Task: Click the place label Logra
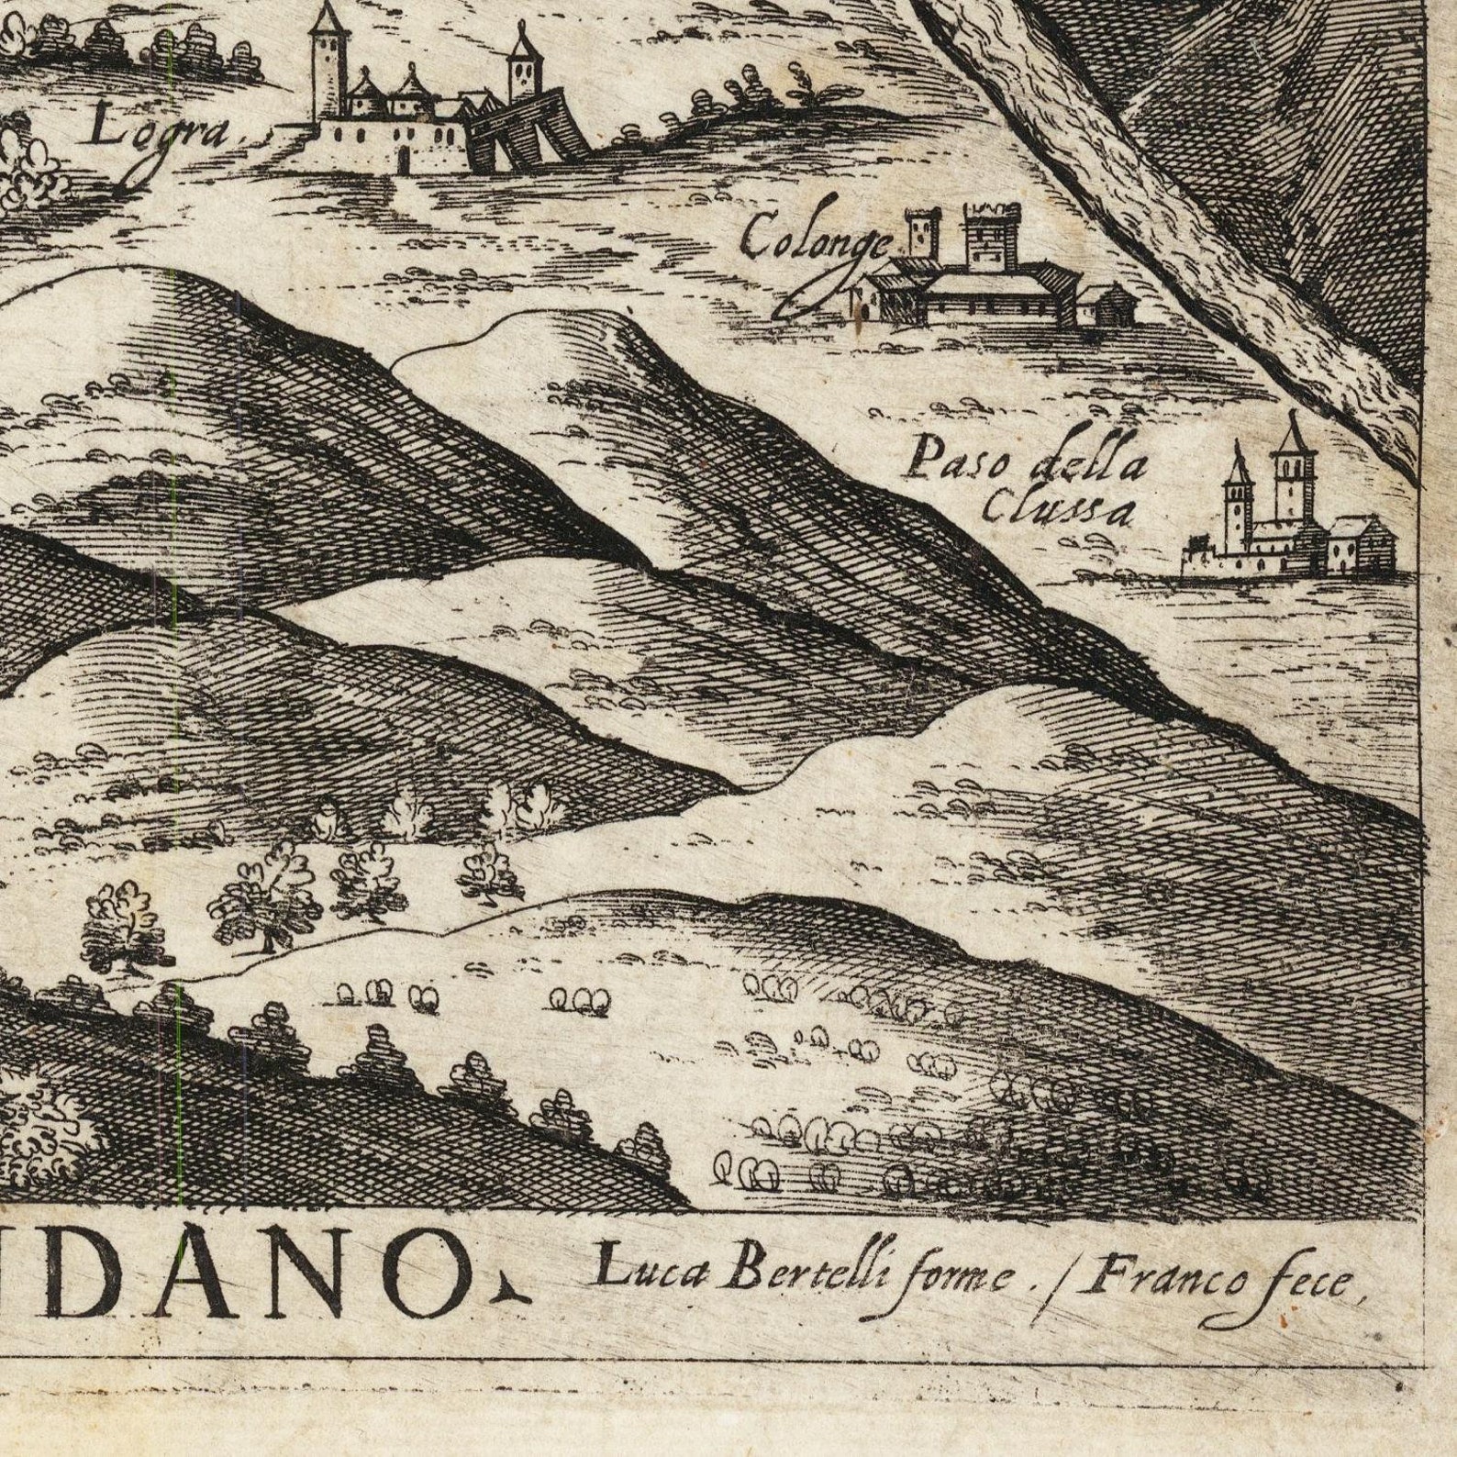pos(162,131)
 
